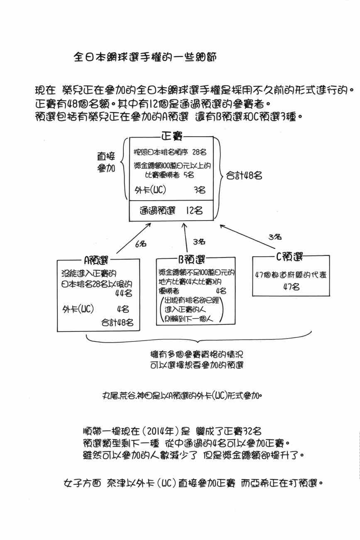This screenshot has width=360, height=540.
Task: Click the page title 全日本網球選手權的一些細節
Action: click(x=144, y=57)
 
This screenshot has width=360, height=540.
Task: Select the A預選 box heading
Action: click(x=96, y=260)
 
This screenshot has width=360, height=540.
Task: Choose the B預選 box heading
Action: click(x=192, y=260)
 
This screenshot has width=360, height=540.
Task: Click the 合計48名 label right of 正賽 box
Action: click(x=244, y=176)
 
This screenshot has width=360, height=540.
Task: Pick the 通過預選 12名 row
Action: click(x=171, y=211)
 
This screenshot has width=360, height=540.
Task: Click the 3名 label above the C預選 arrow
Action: click(x=275, y=237)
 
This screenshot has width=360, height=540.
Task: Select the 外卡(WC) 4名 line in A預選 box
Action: click(x=96, y=309)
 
